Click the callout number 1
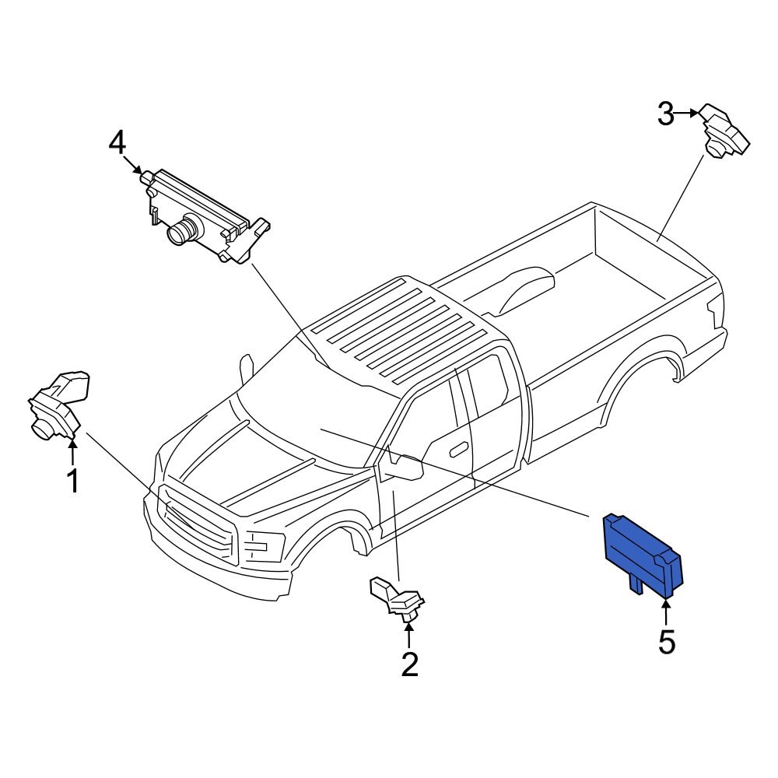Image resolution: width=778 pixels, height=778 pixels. point(72,482)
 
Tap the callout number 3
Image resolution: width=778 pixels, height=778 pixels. point(664,114)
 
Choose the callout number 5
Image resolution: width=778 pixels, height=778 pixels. point(667,642)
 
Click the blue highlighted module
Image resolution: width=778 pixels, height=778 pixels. point(642,552)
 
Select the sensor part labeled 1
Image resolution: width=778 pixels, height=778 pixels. point(57,405)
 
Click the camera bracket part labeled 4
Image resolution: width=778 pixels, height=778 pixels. point(206,214)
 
